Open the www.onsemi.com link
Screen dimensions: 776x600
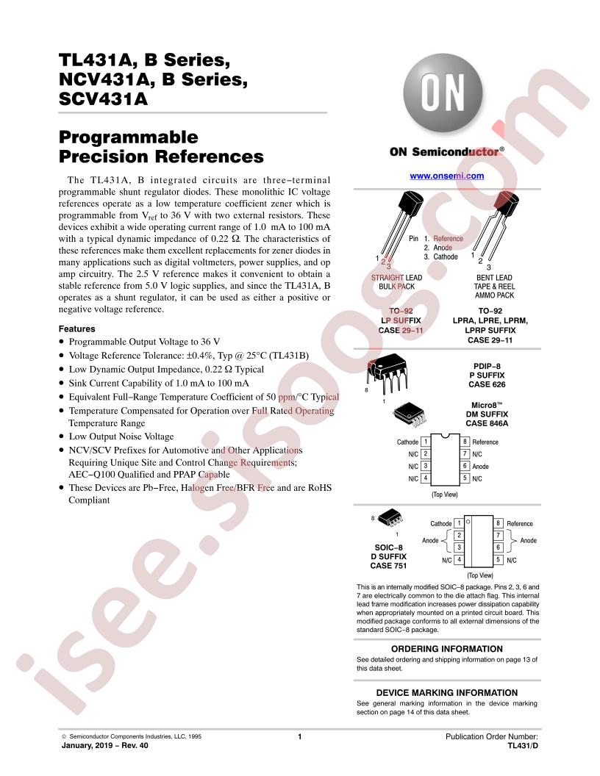[446, 176]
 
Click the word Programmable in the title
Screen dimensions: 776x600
[129, 137]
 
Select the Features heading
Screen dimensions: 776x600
[76, 328]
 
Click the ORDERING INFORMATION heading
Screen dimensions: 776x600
[446, 649]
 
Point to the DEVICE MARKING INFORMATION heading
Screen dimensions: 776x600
[446, 693]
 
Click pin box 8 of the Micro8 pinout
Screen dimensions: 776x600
[465, 442]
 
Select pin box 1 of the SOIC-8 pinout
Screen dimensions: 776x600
[459, 523]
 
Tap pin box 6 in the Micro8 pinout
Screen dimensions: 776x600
[465, 466]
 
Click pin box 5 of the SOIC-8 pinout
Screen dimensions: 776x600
[498, 560]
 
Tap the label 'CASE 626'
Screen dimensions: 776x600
[488, 384]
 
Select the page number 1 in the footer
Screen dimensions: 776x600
[300, 736]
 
